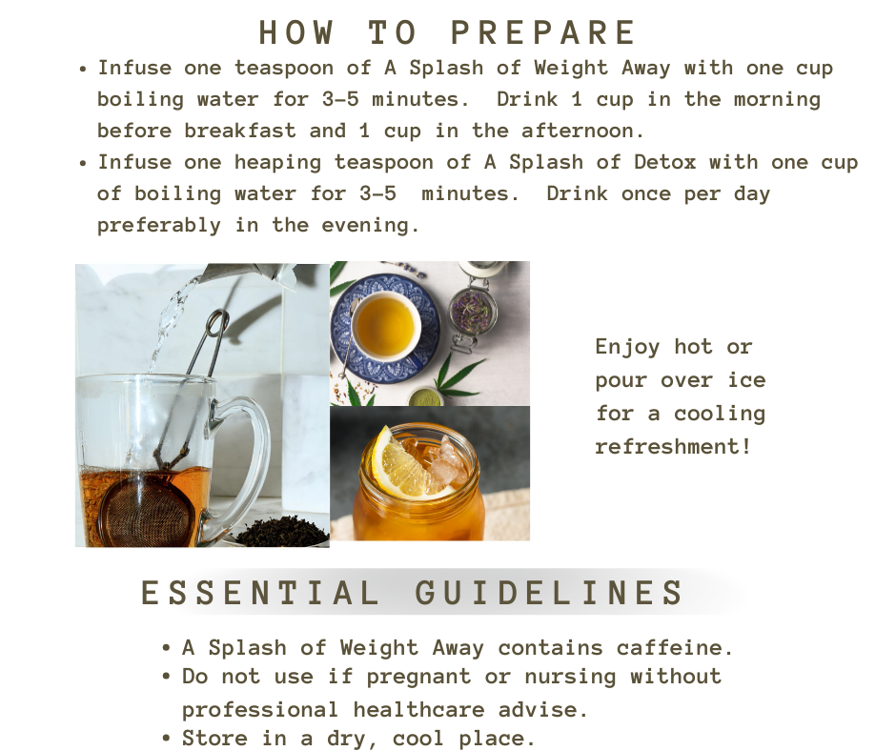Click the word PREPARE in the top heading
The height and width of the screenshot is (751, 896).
543,32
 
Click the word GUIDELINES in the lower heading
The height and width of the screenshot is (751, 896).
549,592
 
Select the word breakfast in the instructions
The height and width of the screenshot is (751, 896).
240,131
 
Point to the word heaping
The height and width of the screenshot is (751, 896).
277,164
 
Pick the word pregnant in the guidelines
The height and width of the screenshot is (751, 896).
418,678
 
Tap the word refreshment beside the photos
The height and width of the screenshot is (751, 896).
667,446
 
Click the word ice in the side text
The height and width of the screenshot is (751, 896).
747,380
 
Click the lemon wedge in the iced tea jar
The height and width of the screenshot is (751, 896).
401,464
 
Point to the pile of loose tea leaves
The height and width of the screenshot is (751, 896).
281,531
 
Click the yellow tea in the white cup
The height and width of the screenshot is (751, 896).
384,326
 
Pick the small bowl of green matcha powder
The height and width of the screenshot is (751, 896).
425,396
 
